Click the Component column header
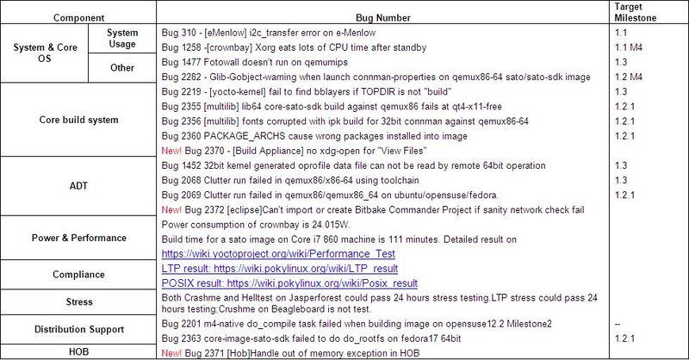[79, 16]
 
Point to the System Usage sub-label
[122, 39]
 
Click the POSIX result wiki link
[289, 282]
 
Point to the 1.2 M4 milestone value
[628, 77]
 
